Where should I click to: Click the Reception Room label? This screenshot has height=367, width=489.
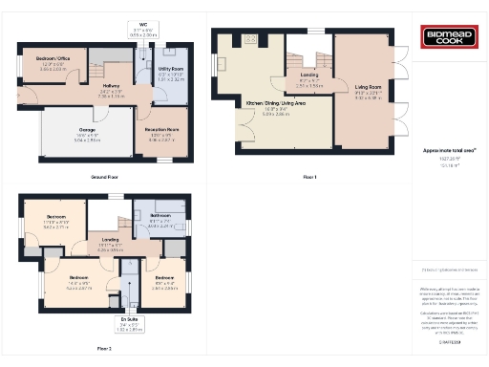point(162,131)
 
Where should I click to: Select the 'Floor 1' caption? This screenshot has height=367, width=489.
point(308,177)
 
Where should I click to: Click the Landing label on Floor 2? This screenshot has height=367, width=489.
point(111,241)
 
